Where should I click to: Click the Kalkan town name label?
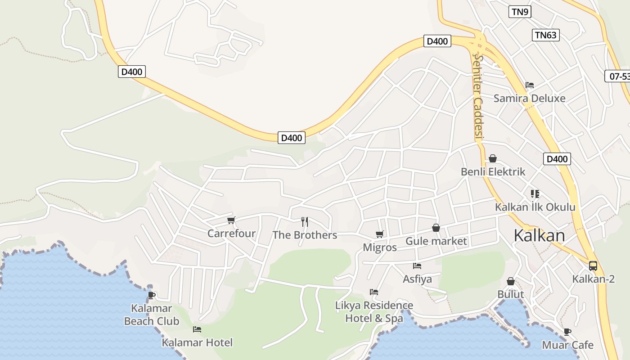click(539, 235)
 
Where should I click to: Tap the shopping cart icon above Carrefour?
click(231, 220)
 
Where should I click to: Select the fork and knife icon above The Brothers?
click(305, 221)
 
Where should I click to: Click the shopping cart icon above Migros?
click(379, 234)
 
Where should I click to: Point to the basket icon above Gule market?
click(436, 228)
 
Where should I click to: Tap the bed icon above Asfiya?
click(417, 266)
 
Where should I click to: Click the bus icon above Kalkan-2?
click(593, 265)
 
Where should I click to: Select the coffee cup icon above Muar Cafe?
click(567, 332)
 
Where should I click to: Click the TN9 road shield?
click(520, 12)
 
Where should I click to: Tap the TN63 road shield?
click(546, 35)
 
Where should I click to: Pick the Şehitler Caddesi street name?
click(477, 97)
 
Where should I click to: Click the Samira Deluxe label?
click(529, 98)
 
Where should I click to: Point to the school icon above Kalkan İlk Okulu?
click(535, 194)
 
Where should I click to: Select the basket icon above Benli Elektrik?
click(493, 158)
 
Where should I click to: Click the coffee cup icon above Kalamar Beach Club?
click(152, 295)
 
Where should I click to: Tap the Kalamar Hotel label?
click(197, 342)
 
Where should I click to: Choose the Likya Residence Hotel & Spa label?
click(374, 311)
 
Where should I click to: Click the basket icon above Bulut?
click(511, 281)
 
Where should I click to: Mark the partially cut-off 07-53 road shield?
click(619, 76)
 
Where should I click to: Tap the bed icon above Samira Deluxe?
click(530, 85)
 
